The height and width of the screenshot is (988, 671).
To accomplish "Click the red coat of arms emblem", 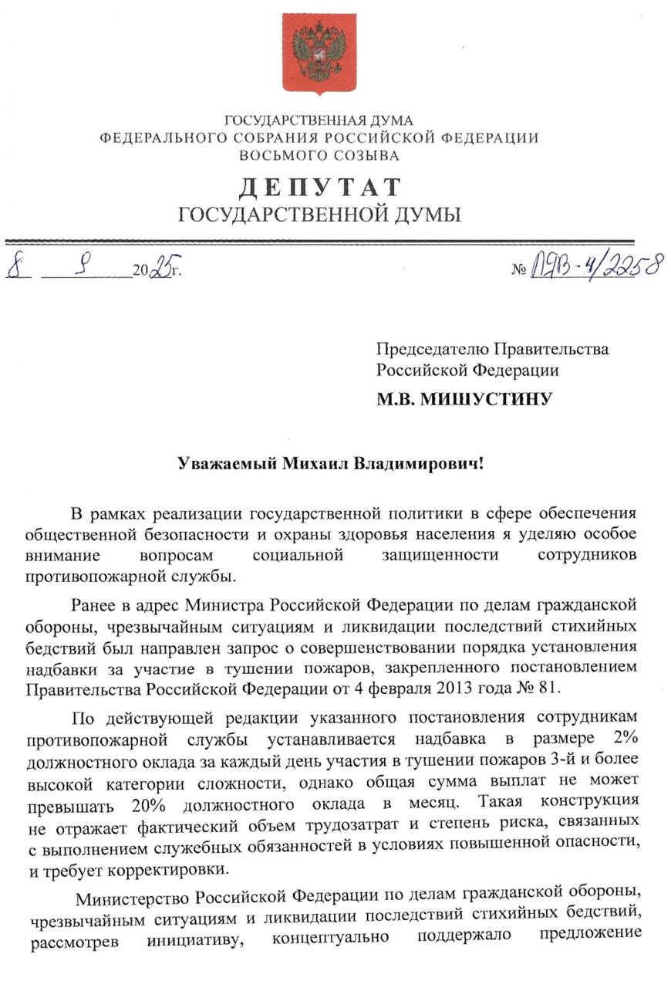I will point(319,52).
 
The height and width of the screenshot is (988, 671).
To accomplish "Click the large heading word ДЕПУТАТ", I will point(319,188).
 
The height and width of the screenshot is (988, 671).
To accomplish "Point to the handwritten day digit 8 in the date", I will point(13,268).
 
